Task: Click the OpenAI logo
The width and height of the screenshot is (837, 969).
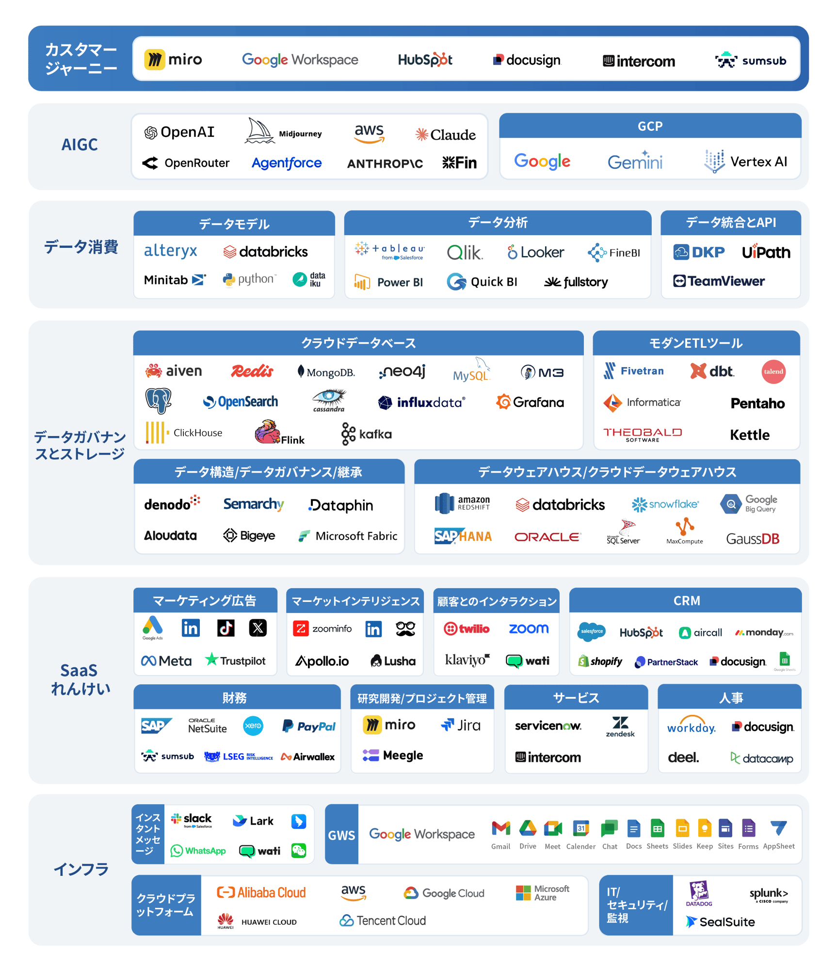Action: (x=179, y=132)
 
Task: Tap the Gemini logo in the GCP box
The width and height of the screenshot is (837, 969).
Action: (x=635, y=161)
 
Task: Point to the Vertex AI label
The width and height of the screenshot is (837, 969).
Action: (x=758, y=161)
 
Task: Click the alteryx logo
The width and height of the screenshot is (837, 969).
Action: (x=170, y=251)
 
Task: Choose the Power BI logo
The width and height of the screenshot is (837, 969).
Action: (x=389, y=282)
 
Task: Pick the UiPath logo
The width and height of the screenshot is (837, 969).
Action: (x=766, y=252)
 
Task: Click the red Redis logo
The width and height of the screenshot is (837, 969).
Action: (x=252, y=371)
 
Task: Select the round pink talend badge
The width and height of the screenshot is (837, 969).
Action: (x=773, y=371)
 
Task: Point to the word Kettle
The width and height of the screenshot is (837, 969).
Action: (x=749, y=435)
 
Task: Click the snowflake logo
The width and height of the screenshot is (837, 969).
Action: (x=665, y=504)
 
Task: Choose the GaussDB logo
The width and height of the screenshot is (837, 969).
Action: (x=752, y=538)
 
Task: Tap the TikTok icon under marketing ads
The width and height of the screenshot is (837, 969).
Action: (x=225, y=628)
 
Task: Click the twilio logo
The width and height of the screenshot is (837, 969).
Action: (x=467, y=629)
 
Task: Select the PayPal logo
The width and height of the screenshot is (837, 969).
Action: (x=309, y=726)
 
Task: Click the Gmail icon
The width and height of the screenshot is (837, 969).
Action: (x=500, y=829)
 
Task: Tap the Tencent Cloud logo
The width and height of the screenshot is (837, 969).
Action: (x=383, y=921)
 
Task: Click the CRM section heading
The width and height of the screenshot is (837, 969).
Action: (x=686, y=600)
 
